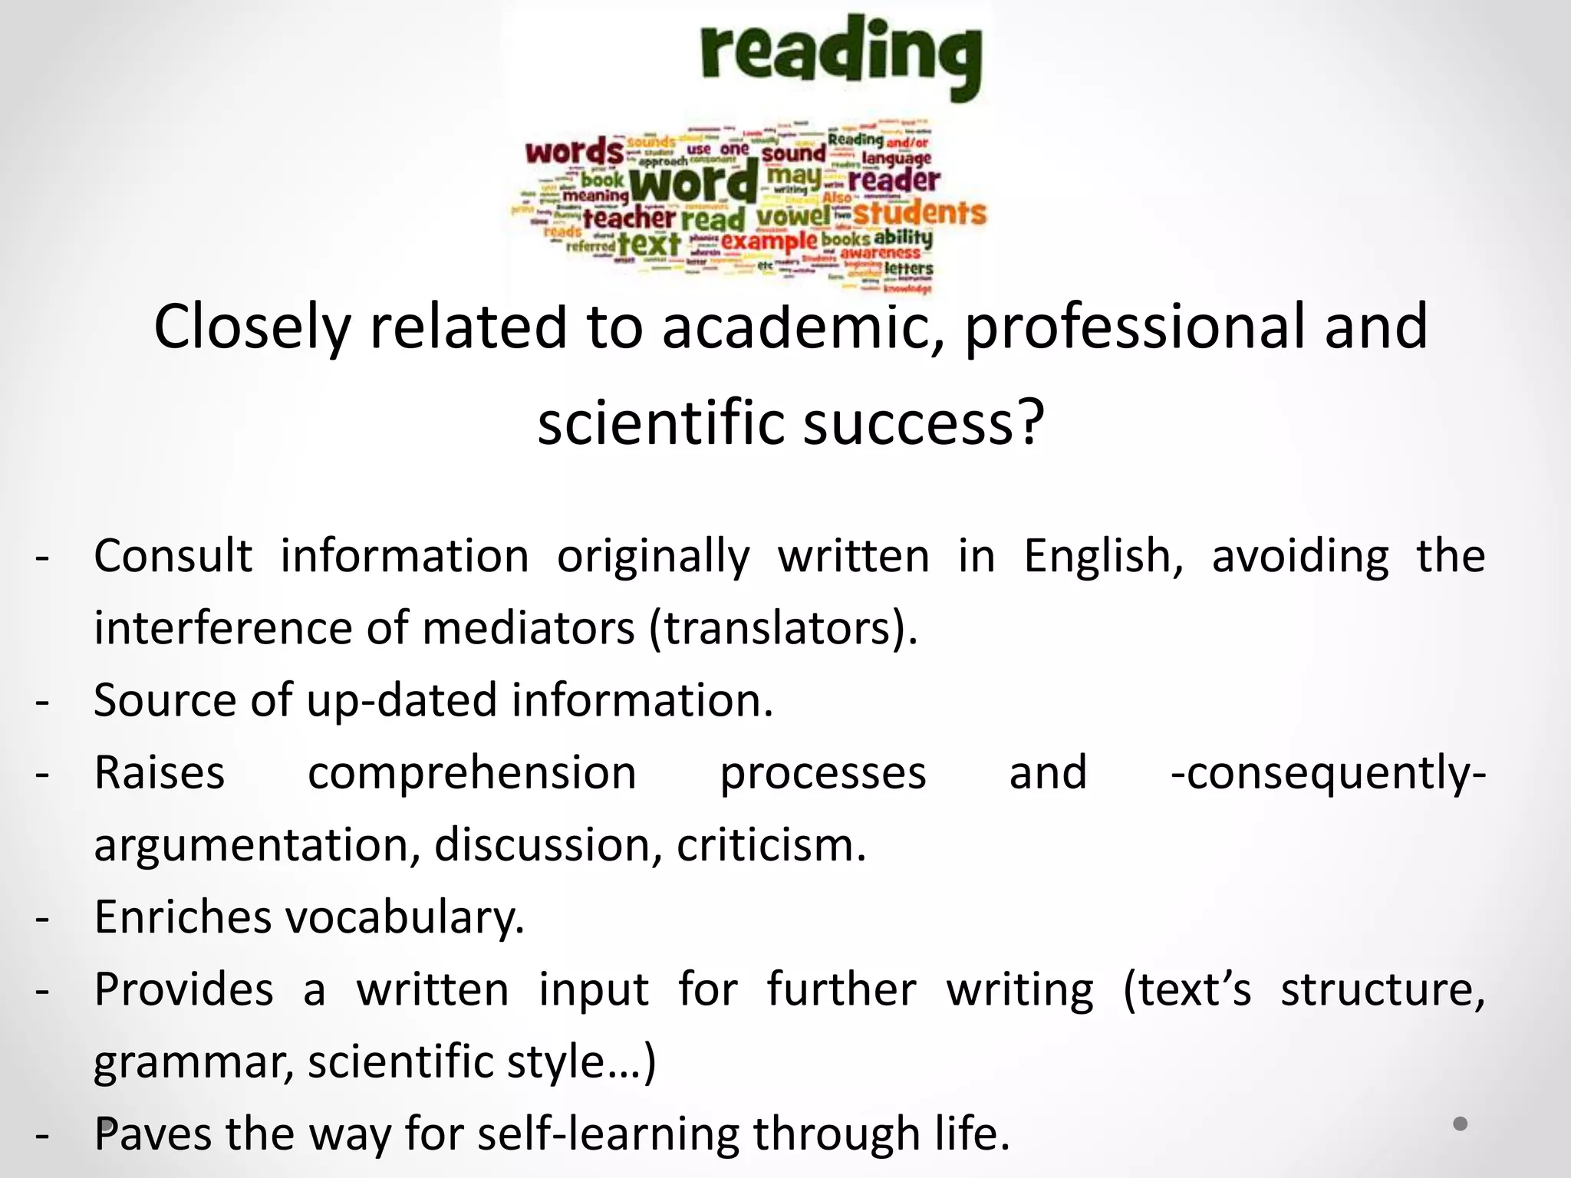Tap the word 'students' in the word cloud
tap(919, 212)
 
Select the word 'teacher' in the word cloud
tap(629, 219)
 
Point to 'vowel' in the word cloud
tap(793, 216)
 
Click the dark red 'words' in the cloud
tap(575, 151)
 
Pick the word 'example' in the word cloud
tap(769, 242)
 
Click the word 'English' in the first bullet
tap(1103, 556)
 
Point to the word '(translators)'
tap(783, 628)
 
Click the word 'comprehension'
tap(472, 772)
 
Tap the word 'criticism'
tap(771, 845)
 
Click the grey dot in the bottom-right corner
tap(1461, 1124)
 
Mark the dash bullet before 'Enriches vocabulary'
tap(43, 918)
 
